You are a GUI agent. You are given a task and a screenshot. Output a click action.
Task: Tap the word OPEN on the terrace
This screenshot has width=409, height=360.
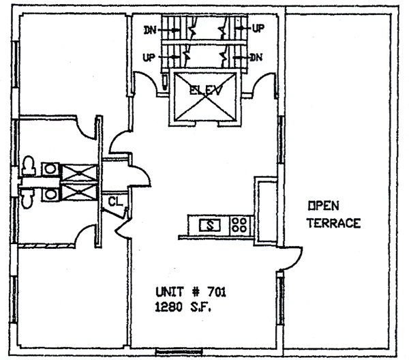pyautogui.click(x=320, y=205)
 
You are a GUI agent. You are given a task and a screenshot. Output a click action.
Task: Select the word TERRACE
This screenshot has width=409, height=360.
pyautogui.click(x=334, y=223)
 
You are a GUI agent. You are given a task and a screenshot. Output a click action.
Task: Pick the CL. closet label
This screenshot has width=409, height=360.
pyautogui.click(x=115, y=202)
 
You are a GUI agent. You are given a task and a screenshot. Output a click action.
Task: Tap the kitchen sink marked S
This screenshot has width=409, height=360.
pyautogui.click(x=211, y=224)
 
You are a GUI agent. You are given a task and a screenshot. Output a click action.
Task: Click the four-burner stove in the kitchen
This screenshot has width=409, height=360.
pyautogui.click(x=239, y=224)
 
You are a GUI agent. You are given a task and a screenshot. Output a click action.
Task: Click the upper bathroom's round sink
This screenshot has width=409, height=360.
pyautogui.click(x=50, y=168)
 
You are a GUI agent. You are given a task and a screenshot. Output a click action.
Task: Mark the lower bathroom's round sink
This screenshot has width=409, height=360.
pyautogui.click(x=50, y=194)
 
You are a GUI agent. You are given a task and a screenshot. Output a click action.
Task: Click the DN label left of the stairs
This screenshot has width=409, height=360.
pyautogui.click(x=149, y=30)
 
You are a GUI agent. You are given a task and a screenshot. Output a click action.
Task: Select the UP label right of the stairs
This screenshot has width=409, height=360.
pyautogui.click(x=258, y=30)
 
